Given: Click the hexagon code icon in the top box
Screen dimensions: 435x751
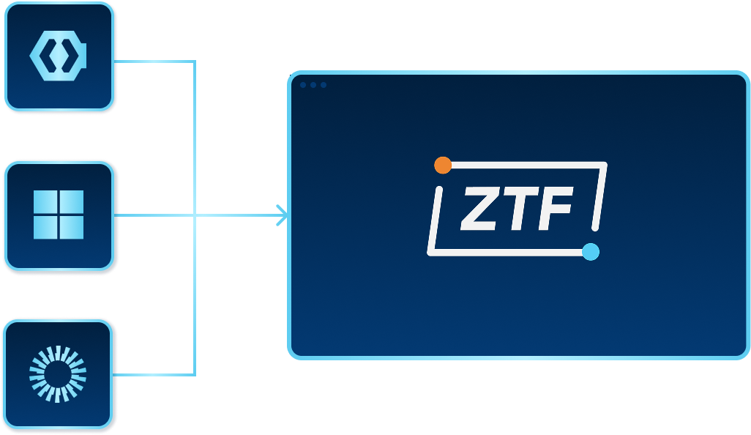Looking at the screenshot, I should tap(59, 56).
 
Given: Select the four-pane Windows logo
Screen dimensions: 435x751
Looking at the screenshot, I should tap(59, 215).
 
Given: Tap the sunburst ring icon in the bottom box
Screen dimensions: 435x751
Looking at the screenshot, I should tap(58, 374).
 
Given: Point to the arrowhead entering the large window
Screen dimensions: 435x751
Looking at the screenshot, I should tap(283, 215).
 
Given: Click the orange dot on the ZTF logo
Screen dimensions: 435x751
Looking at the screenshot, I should tap(442, 165).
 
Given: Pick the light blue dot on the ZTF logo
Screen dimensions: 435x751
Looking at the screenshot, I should tap(591, 252).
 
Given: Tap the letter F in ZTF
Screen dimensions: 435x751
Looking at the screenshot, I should tap(555, 209).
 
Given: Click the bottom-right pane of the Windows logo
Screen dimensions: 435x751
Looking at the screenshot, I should tap(72, 228).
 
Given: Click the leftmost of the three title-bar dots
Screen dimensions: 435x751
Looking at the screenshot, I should tap(303, 85).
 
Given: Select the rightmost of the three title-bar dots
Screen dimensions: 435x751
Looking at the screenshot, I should tap(324, 85).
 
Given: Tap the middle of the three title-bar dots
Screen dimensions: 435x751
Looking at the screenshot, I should tap(313, 85).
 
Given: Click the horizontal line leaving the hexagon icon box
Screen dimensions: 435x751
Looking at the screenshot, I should tap(154, 62).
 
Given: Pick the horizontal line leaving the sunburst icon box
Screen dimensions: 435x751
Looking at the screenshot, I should tap(154, 374).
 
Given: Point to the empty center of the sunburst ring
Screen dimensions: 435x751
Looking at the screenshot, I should tap(58, 374).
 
